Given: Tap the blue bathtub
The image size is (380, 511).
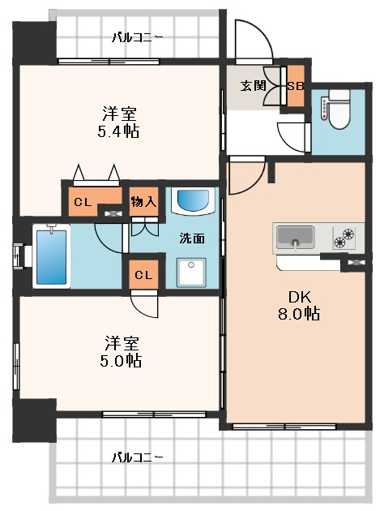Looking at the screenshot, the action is click(51, 256).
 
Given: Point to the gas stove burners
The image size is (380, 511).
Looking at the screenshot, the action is click(344, 238).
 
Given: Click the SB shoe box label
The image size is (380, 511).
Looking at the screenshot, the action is click(296, 86).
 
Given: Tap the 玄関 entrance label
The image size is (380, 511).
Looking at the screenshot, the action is click(253, 86).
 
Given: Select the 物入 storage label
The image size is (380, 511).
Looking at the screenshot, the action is click(143, 202).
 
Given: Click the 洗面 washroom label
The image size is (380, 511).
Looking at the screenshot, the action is click(192, 238).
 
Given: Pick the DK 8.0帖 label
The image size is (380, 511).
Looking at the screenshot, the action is click(299, 305).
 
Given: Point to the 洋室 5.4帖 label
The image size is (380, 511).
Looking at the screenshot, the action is click(119, 122).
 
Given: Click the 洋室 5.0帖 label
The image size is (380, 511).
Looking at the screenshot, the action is click(122, 351).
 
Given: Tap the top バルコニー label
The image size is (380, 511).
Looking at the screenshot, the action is click(137, 37).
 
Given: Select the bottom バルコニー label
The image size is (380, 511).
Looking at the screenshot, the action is click(137, 457).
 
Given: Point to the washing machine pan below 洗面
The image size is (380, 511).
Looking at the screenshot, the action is click(191, 273).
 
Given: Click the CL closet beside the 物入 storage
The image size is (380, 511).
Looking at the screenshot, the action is click(83, 202).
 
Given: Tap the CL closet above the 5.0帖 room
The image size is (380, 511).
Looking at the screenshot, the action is click(143, 275).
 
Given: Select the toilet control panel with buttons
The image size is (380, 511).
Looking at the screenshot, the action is click(324, 108).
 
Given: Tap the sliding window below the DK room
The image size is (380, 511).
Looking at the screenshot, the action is click(284, 427).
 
